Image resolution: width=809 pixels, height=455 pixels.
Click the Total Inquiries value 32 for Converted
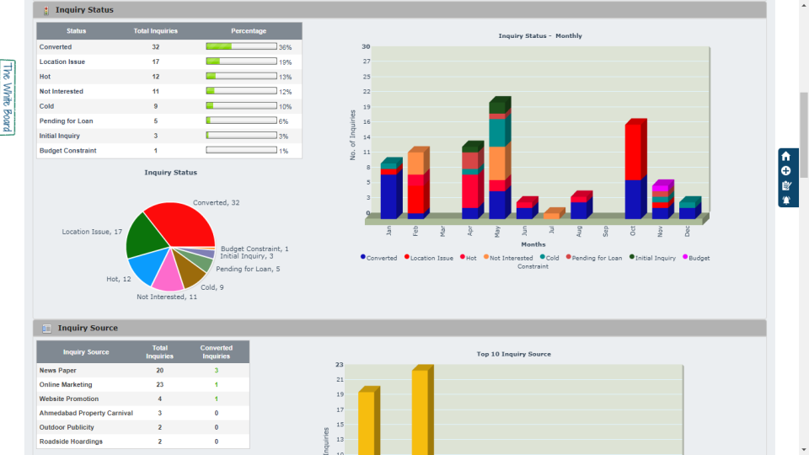(156, 47)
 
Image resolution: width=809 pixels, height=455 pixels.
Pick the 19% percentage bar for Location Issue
(241, 62)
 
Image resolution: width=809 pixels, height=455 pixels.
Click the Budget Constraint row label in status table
(67, 151)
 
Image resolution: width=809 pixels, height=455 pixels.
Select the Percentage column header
(249, 31)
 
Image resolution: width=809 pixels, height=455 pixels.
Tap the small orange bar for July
(553, 215)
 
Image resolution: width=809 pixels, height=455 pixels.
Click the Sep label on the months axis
(606, 230)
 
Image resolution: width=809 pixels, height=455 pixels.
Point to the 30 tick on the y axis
(366, 46)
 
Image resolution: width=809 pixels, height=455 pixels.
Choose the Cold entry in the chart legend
(549, 258)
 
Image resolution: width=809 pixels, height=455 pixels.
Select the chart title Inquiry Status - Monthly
(540, 36)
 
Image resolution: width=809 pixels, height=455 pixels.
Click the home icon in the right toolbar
(786, 156)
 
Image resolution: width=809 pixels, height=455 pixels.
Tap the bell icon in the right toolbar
(786, 201)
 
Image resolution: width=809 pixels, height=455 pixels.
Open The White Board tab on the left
(8, 97)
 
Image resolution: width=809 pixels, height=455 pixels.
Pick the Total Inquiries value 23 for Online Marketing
(159, 384)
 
